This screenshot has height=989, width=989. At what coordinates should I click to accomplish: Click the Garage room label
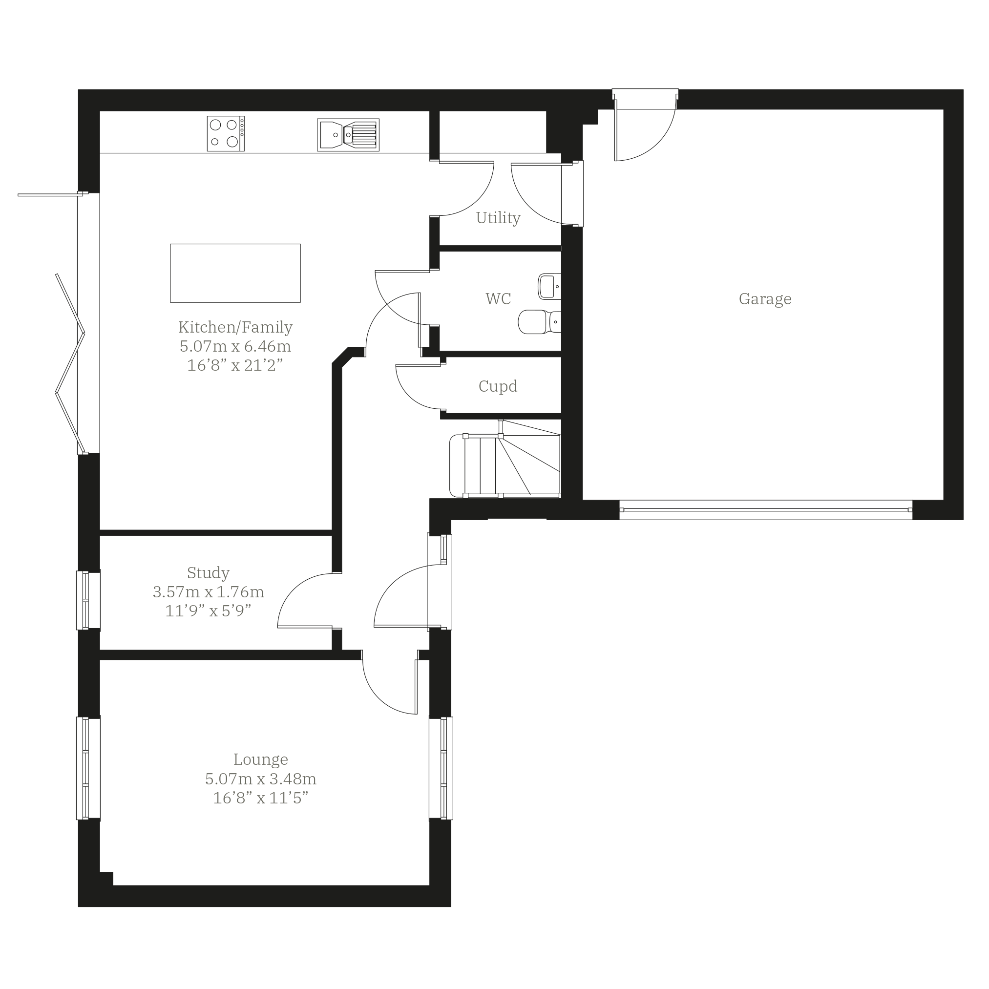765,299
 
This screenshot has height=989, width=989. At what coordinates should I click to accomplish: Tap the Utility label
498,218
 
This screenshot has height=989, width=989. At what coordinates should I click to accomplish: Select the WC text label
498,298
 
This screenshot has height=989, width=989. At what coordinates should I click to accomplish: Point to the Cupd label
498,386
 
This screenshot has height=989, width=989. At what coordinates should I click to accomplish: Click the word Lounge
261,759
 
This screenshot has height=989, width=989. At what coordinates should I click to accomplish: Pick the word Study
208,573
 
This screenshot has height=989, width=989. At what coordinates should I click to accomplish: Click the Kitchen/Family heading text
235,327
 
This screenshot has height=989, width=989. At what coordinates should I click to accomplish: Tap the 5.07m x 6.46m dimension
235,347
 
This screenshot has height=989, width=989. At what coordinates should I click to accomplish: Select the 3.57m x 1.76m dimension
209,592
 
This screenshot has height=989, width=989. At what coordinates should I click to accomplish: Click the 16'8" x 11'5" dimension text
261,798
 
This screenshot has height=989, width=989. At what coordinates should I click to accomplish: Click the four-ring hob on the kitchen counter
226,134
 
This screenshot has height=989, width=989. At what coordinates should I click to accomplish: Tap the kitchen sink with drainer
348,135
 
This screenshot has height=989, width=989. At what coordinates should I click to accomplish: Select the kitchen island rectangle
235,274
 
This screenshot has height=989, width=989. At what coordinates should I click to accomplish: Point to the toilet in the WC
540,322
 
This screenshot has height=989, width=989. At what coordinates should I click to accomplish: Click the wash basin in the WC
549,287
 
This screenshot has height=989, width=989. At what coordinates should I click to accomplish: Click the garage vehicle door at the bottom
766,510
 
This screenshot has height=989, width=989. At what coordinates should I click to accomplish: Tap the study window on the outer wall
88,600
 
